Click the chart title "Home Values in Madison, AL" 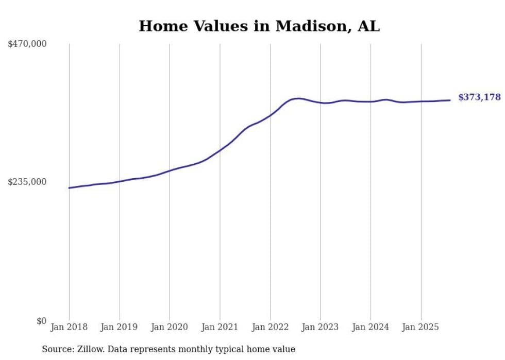259,26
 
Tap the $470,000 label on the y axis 27,44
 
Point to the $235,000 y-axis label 27,182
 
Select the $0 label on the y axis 41,321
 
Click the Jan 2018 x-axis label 69,327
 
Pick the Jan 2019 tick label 119,327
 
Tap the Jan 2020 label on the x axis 170,327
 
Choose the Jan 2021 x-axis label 220,327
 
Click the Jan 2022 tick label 270,327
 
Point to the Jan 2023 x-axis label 320,327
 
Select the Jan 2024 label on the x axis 371,327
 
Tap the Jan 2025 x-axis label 420,327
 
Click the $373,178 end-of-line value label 479,97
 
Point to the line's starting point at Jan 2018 69,188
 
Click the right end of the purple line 450,100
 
